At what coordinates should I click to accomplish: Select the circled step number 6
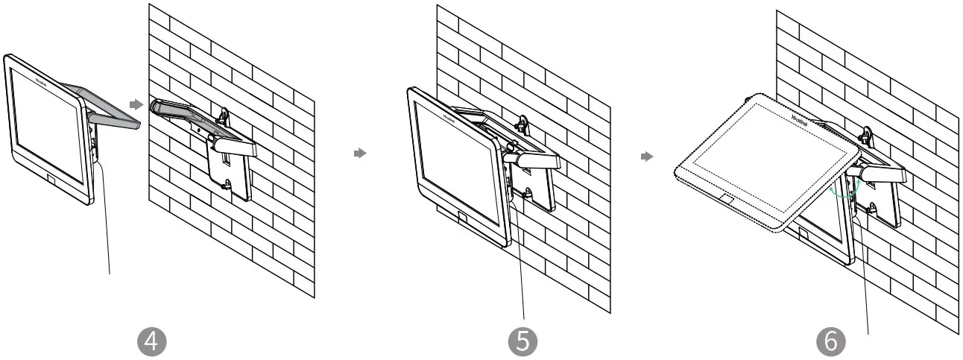[830, 341]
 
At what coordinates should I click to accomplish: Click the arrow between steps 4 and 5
[361, 153]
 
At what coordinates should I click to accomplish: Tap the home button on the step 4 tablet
[51, 180]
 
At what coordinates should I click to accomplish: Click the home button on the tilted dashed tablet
[726, 199]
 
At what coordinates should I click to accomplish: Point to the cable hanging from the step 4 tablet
[105, 224]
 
